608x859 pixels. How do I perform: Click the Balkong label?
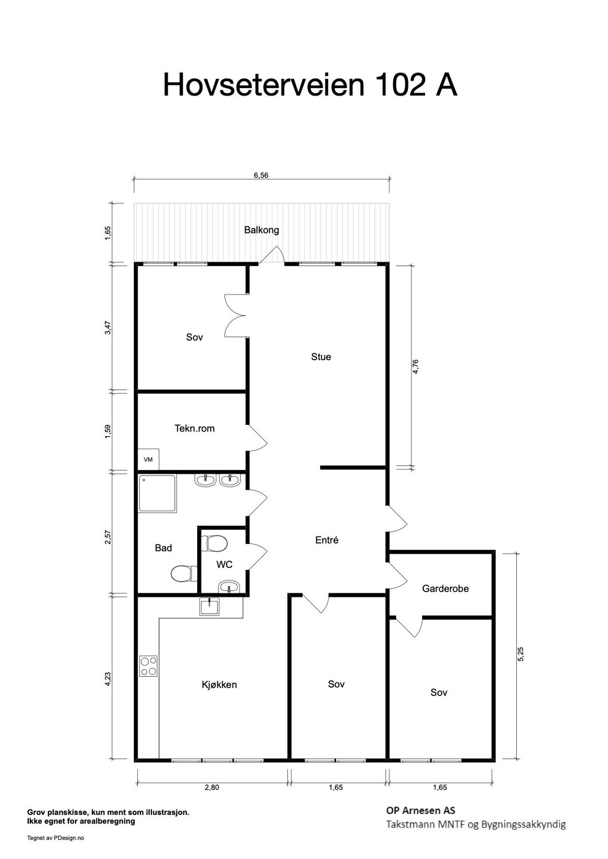coord(261,230)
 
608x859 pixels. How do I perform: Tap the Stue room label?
coord(321,357)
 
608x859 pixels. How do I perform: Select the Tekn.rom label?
coord(195,428)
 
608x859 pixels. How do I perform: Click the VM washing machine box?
coord(148,460)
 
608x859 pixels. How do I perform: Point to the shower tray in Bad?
coord(158,494)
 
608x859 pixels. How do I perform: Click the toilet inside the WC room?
coord(214,544)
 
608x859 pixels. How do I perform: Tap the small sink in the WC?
coord(229,588)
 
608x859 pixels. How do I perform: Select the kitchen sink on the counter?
coord(209,606)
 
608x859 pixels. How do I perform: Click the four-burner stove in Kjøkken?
coord(148,666)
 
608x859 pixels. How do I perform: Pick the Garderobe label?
coord(445,589)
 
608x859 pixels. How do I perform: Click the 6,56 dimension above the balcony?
coord(261,176)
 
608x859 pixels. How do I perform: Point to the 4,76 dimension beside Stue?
coord(415,366)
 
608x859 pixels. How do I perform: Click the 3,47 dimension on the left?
coord(107,328)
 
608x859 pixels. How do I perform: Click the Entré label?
coord(327,540)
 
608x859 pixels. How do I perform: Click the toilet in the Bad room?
coord(183,573)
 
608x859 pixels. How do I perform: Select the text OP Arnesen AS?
coord(421,811)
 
